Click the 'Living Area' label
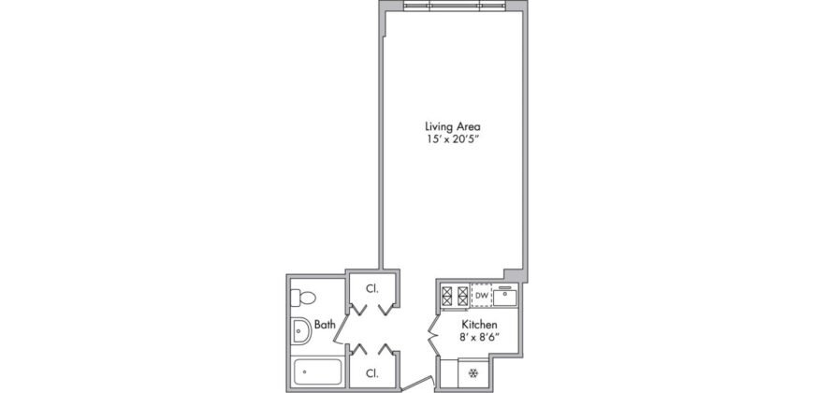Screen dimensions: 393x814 pos(454,126)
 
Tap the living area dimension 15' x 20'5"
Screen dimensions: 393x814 pos(454,139)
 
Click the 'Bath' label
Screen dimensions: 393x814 pos(325,326)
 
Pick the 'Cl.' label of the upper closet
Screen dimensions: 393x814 pos(371,288)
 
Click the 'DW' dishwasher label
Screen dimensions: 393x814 pos(481,297)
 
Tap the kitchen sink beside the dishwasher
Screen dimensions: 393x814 pos(505,297)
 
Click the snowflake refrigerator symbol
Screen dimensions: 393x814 pos(473,373)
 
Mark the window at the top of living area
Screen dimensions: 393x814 pos(454,6)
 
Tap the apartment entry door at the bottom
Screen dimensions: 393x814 pos(417,384)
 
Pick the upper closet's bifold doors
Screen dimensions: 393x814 pos(371,310)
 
